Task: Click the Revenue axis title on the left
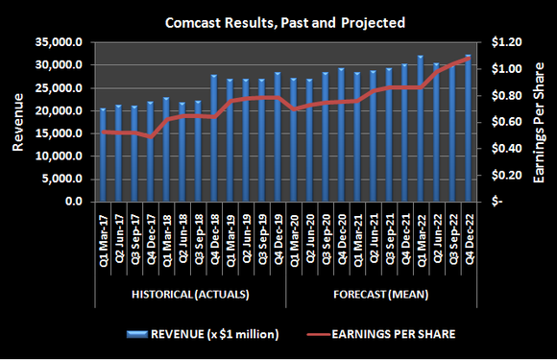pos(18,121)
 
